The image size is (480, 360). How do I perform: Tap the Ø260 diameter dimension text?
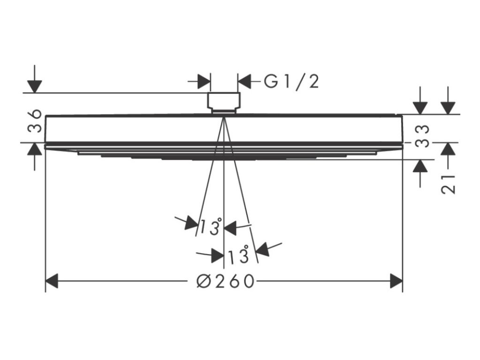225,281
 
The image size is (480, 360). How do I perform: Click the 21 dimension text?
449,183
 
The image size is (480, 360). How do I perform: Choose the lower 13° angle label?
238,256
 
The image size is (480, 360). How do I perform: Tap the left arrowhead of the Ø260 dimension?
52,281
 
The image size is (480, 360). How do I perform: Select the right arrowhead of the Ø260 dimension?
397,281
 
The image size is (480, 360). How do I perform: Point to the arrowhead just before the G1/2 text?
245,81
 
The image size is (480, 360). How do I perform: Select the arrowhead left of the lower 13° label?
217,256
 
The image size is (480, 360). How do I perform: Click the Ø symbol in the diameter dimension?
203,281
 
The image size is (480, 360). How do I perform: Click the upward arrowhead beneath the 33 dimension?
421,166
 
